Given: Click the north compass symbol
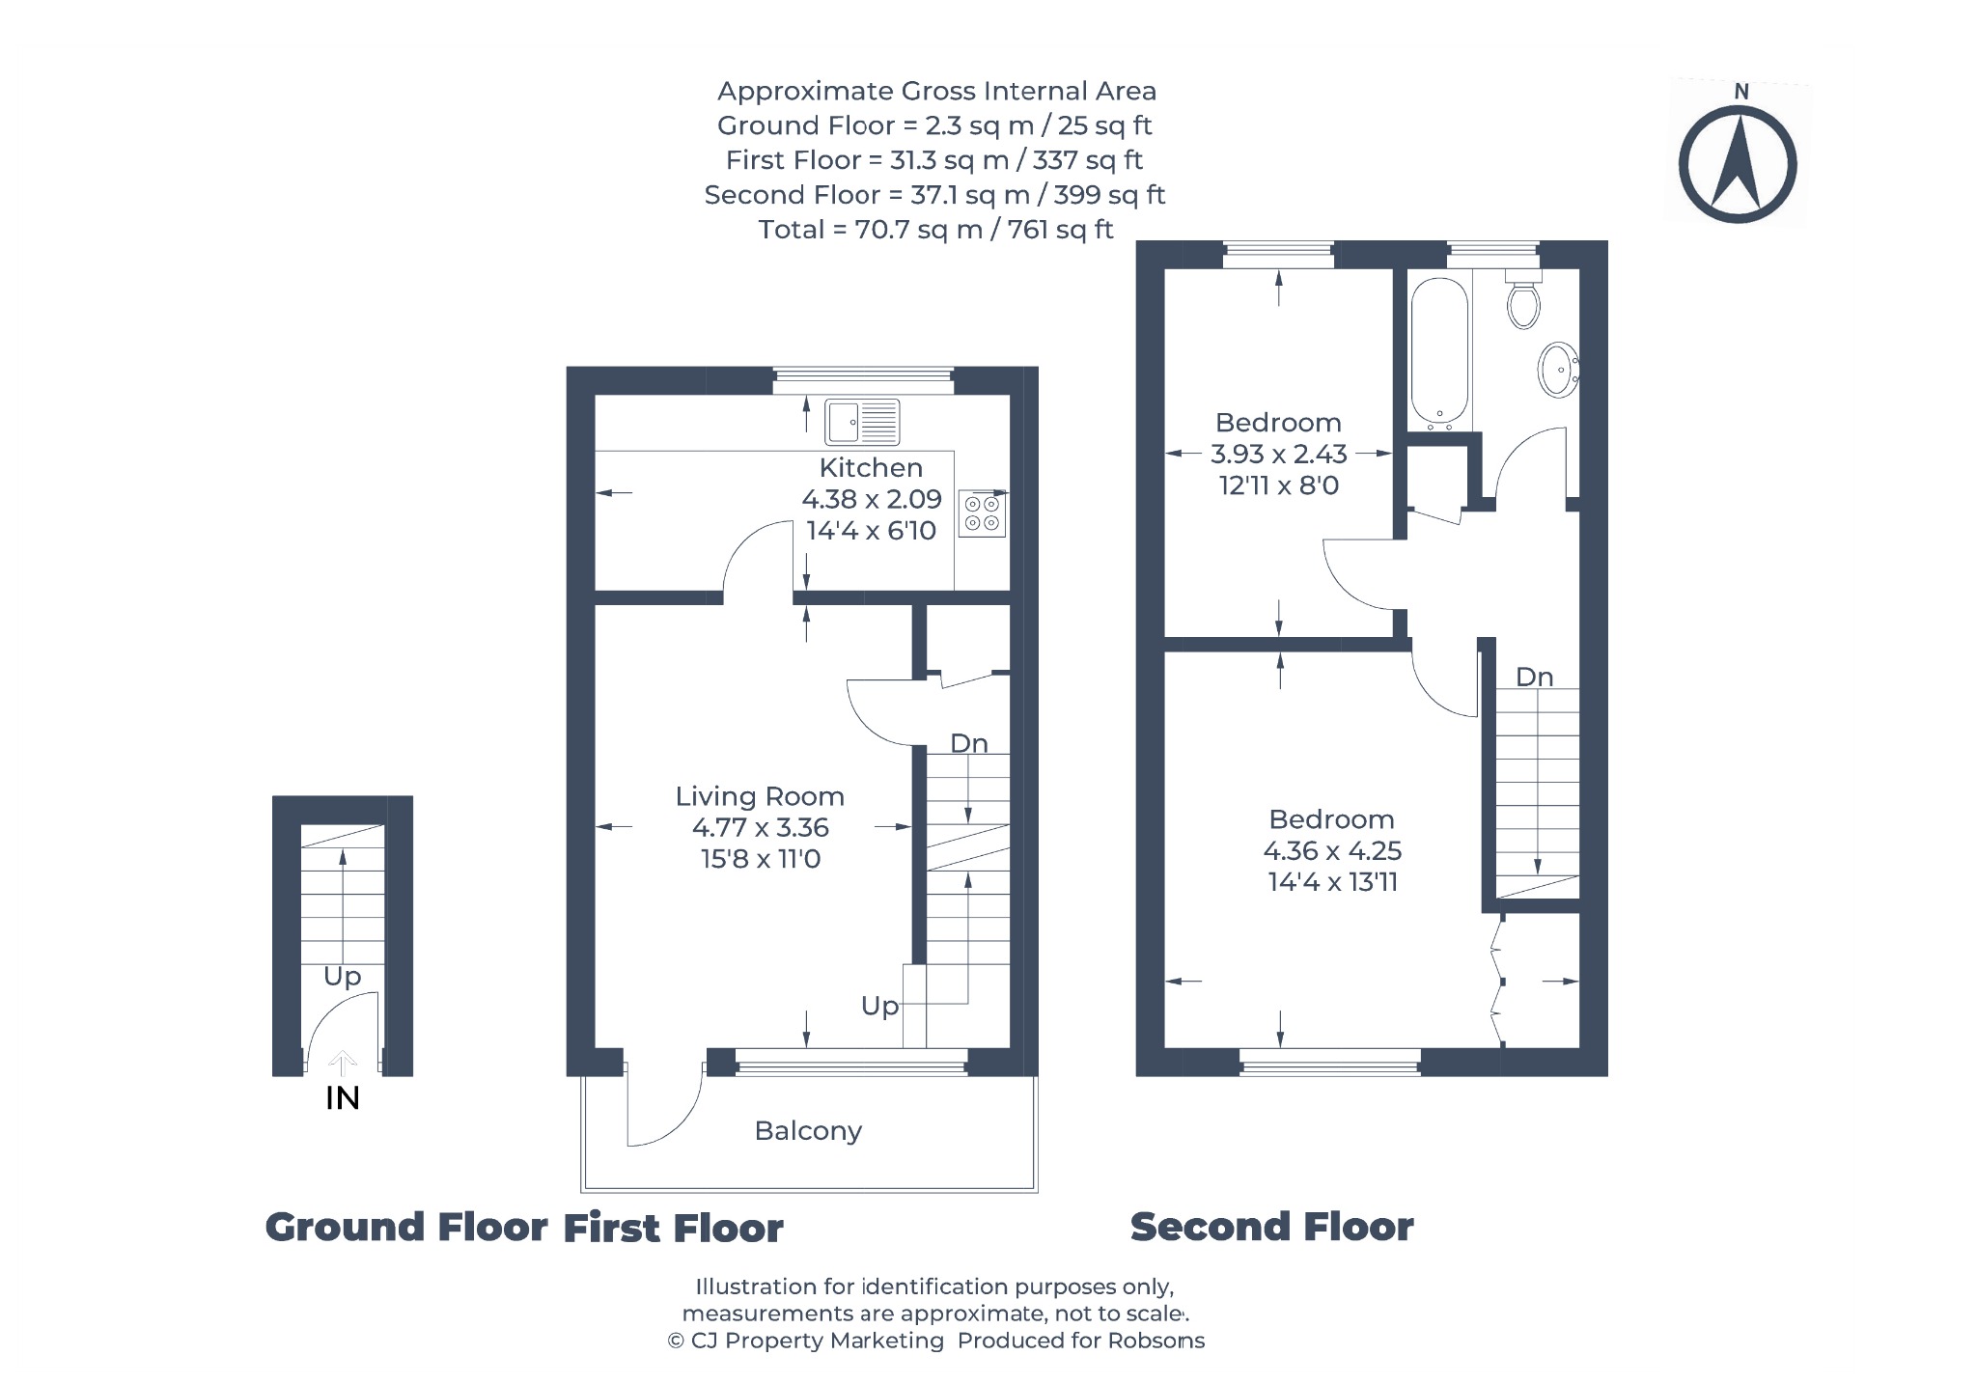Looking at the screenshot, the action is [1738, 158].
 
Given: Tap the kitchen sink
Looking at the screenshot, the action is [862, 422].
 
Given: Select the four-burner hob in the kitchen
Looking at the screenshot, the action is [983, 513].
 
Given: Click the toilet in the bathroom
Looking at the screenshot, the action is [1523, 298].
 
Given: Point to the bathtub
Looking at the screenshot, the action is [1439, 353].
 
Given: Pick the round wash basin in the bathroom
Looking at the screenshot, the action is [1557, 370].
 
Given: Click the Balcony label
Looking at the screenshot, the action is [808, 1131].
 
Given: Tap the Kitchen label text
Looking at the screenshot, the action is [871, 468].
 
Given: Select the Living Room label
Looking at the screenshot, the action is [760, 797].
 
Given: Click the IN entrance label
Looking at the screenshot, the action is [343, 1098].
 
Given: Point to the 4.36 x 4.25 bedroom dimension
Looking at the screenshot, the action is [1332, 851].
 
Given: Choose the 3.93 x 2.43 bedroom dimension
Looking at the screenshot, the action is [1279, 454].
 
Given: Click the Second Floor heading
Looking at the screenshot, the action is [1271, 1228].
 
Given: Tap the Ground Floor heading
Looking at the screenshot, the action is [406, 1228].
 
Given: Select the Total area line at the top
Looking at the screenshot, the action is [935, 230].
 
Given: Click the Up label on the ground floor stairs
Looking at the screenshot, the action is [342, 978].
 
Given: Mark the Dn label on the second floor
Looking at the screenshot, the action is [1534, 678].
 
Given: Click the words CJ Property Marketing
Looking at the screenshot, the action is [818, 1341].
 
